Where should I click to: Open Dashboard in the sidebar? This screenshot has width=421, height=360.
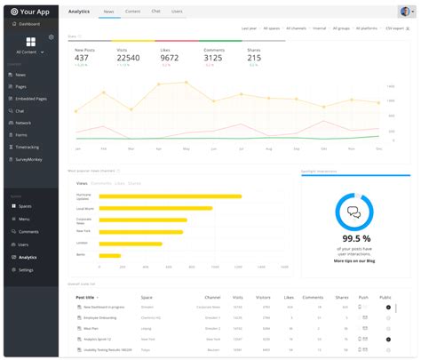30,24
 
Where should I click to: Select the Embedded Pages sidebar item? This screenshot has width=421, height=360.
31,99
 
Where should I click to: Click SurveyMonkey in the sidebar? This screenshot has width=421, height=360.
30,159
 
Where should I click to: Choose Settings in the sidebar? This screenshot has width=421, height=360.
26,269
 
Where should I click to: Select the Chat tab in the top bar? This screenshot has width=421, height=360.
155,12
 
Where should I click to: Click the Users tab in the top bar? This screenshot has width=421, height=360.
177,12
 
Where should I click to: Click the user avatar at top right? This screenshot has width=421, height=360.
405,12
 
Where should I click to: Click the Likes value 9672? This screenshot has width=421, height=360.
170,58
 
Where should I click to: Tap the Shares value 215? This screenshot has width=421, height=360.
254,58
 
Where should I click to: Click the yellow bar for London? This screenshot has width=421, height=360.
130,243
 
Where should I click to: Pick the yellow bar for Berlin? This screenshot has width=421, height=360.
109,255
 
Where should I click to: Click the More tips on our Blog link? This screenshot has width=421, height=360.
353,261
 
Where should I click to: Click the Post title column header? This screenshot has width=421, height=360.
87,297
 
